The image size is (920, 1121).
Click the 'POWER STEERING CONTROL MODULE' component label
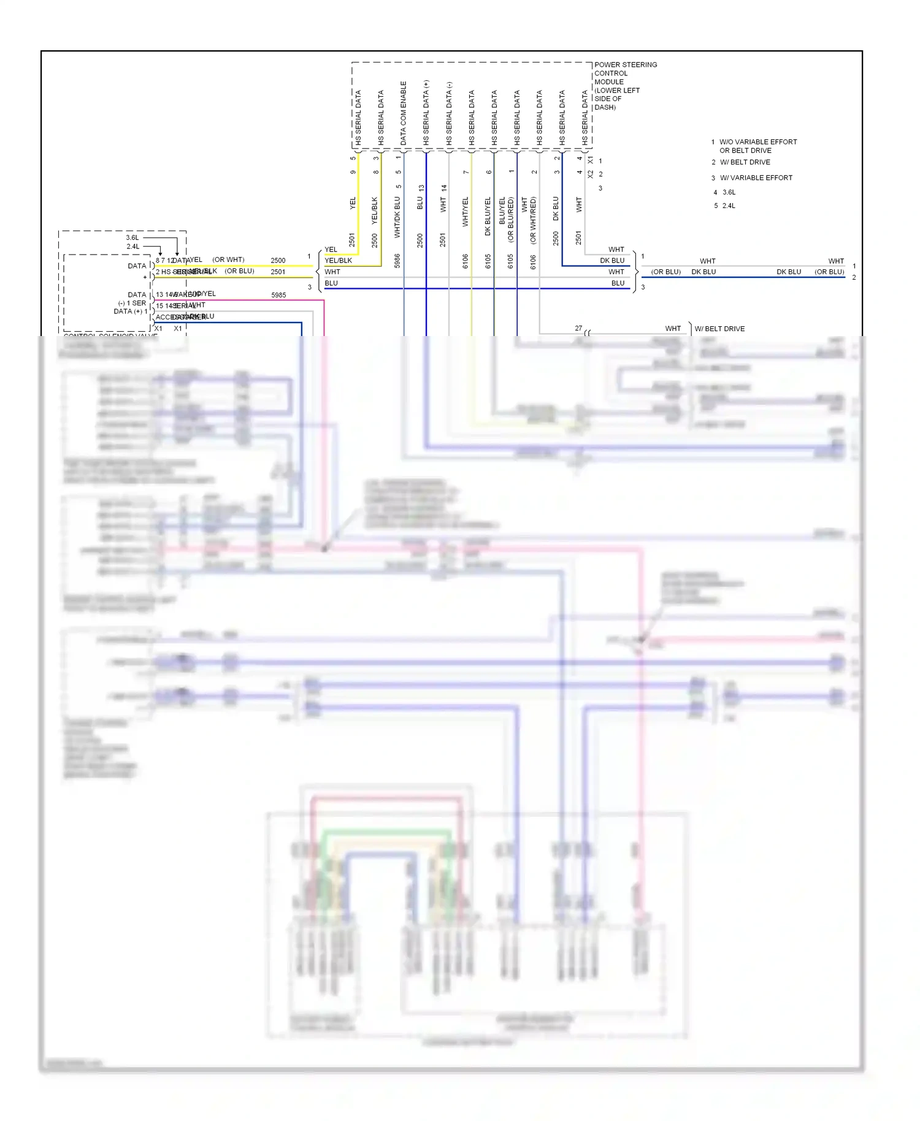624,85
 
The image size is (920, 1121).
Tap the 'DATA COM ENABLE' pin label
404,113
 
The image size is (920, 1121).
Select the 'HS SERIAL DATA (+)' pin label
426,113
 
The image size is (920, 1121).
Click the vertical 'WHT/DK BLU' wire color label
397,217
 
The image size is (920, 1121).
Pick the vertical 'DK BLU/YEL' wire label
488,216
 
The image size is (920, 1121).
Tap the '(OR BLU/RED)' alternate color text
510,220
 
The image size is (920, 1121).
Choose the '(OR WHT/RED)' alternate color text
533,220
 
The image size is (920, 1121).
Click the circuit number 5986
397,261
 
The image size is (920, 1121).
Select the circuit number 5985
278,295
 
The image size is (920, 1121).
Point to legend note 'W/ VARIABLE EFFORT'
756,178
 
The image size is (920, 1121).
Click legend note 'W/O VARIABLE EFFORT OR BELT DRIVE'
757,146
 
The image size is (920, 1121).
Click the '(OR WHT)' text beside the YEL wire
228,259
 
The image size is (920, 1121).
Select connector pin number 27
578,328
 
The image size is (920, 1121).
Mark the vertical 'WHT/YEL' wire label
465,212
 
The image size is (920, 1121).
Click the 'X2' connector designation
591,174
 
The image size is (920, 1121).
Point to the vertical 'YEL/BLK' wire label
375,210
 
